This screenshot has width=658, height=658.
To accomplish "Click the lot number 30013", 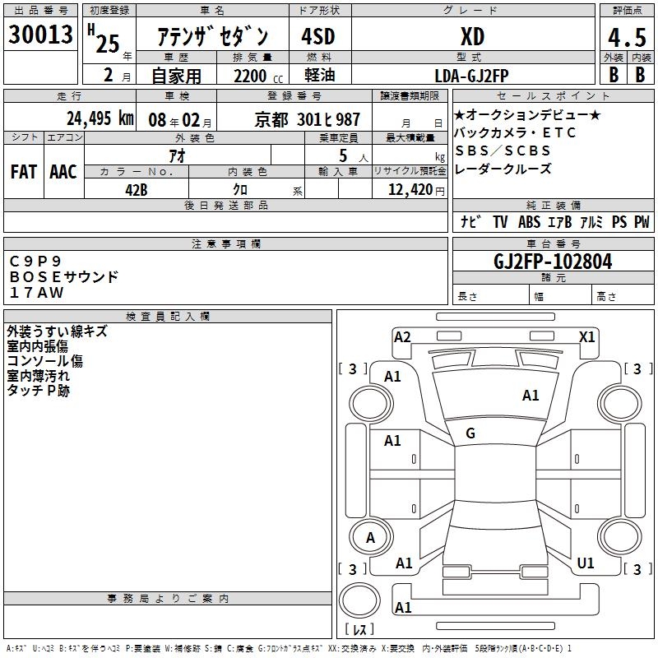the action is [x=40, y=35].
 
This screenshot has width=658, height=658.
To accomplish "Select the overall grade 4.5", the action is [x=627, y=37].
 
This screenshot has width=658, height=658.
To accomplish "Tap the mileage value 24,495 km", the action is [x=100, y=118].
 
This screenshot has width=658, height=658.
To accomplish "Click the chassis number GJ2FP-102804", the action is [x=553, y=262].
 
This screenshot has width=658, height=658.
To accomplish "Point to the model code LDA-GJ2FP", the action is [x=471, y=76].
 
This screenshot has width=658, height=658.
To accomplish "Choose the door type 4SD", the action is [x=318, y=36].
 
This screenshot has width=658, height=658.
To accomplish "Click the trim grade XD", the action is [x=472, y=37].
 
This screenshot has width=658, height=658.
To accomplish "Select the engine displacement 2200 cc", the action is [x=258, y=76].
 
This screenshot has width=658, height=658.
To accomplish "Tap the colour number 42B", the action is [x=136, y=190].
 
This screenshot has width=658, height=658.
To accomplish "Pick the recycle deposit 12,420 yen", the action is [x=416, y=190].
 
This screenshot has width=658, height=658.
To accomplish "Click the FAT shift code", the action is [x=24, y=172].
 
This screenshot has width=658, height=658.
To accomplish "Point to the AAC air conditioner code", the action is [x=63, y=172].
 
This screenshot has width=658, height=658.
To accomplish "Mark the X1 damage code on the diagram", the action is [x=586, y=337].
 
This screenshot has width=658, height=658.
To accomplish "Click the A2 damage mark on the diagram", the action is [x=402, y=337].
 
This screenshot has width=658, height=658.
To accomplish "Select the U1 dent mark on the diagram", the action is [x=586, y=563].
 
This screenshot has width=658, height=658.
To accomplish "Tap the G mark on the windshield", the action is [x=470, y=433].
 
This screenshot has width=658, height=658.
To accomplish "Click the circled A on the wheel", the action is [x=371, y=537].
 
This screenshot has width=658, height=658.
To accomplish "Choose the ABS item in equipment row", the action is [x=529, y=221].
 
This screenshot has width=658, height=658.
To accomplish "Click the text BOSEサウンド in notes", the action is [x=64, y=276].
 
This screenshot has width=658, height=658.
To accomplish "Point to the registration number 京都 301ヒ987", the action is [x=307, y=119].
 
